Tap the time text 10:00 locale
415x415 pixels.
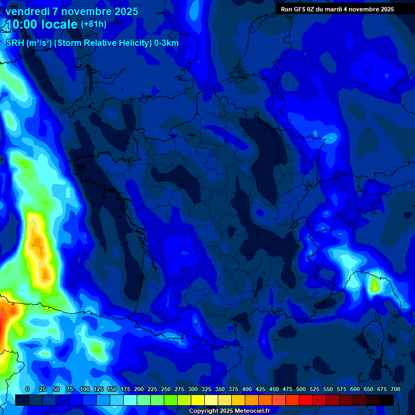point(42,24)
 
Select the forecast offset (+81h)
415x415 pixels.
point(93,24)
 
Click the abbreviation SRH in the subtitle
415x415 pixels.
point(15,43)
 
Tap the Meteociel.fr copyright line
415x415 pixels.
point(229,411)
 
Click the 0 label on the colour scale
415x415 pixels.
point(28,389)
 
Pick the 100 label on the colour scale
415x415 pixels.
point(85,389)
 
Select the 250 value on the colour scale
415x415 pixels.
point(166,389)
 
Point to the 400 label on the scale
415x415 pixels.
point(247,389)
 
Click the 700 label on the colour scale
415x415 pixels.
point(395,389)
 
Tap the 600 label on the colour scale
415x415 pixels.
point(355,389)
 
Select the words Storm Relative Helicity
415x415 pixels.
point(103,43)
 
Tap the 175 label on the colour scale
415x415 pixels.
point(125,389)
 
